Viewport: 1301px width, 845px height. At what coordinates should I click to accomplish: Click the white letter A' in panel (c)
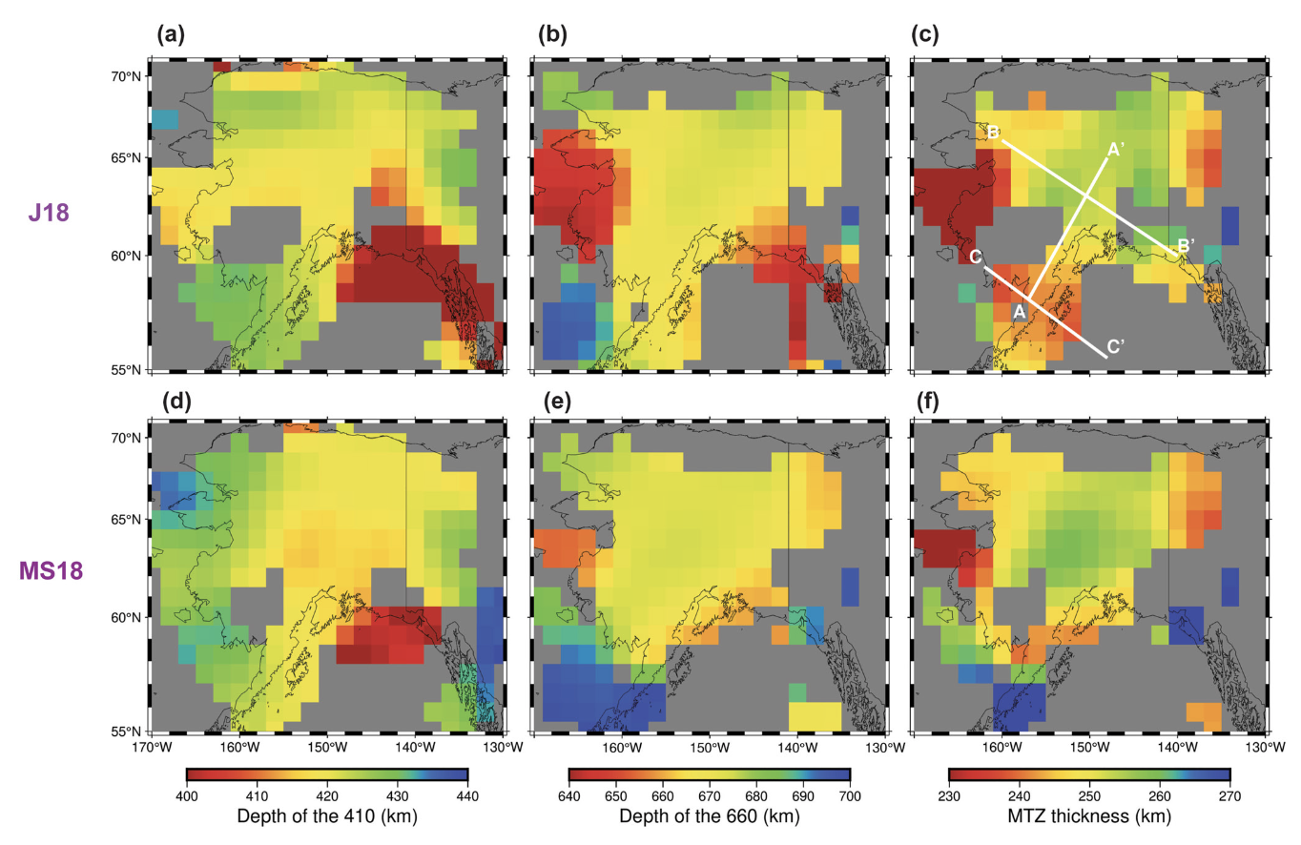point(1116,150)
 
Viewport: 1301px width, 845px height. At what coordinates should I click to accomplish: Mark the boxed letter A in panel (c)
point(1018,311)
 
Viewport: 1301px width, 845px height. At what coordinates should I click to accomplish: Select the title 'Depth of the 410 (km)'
point(327,816)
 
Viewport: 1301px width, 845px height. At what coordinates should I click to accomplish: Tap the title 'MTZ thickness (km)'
point(1089,816)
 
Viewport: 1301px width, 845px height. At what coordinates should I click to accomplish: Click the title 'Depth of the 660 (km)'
point(709,816)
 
